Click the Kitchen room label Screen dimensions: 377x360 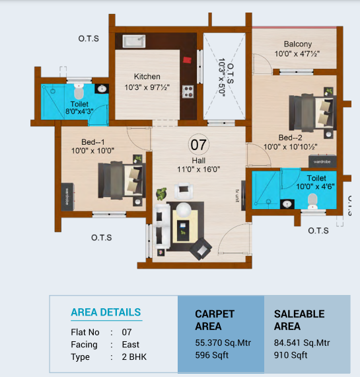(x=147, y=76)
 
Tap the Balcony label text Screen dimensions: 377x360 (x=297, y=44)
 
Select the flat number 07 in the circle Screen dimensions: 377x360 (x=198, y=144)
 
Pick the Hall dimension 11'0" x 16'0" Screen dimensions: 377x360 (x=198, y=169)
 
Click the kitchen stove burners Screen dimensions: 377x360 (x=188, y=91)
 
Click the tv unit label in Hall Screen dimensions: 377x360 (x=235, y=194)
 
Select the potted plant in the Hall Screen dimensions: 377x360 (x=161, y=194)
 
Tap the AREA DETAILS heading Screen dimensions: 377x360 (x=106, y=312)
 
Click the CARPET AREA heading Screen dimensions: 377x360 (x=215, y=320)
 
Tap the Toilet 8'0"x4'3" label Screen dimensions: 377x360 (x=79, y=108)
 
